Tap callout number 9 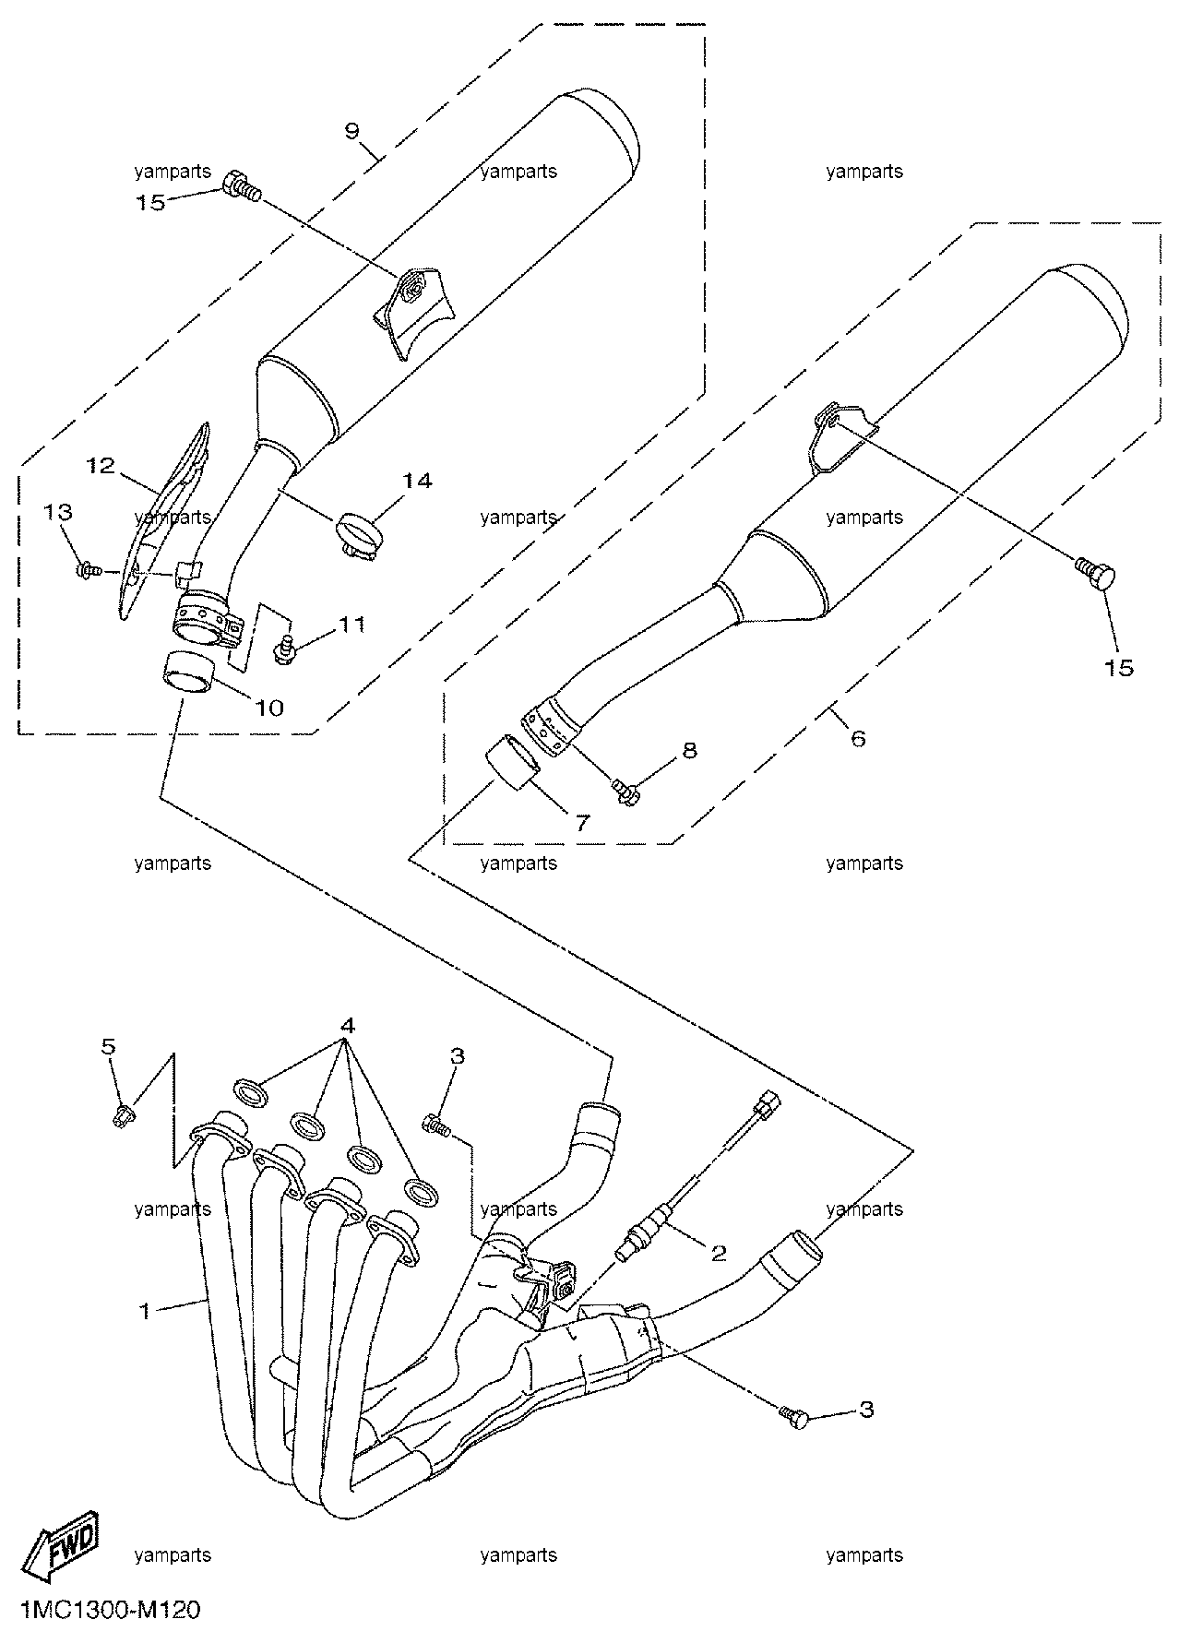tap(351, 130)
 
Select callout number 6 tap(858, 737)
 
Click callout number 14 tap(417, 480)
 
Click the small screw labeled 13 tap(89, 572)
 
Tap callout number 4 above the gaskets tap(347, 1025)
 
